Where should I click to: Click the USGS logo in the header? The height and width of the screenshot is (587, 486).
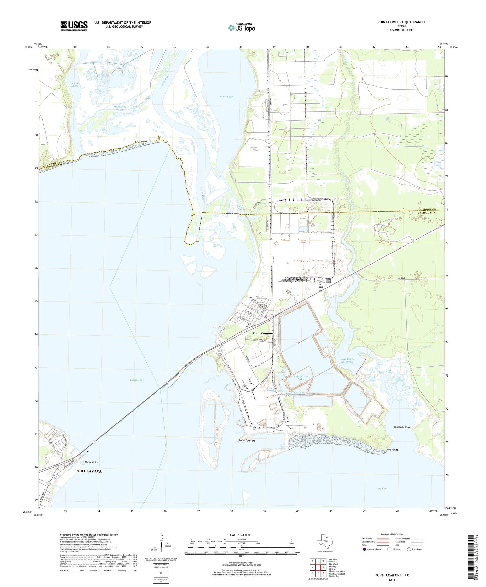pos(74,26)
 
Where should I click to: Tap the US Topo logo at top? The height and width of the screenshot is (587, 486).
pos(241,28)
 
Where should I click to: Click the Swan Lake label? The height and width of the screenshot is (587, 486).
pos(226,97)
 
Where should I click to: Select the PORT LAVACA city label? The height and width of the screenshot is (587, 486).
pos(88,471)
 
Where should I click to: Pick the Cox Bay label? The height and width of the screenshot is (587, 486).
pos(381,488)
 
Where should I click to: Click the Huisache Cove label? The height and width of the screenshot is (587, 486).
pos(402,427)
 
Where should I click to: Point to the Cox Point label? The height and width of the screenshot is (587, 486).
pos(392,450)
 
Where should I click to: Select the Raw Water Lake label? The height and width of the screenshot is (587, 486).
pos(301,378)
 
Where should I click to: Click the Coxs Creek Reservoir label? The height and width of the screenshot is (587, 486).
pos(347,361)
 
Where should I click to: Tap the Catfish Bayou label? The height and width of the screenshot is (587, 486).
pos(242,208)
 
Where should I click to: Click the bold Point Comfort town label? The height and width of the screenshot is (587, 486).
pos(263,333)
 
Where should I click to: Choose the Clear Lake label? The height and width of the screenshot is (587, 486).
pos(297,393)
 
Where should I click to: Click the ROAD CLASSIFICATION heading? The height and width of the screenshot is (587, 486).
pos(392,534)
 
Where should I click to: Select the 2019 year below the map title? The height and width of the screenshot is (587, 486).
pos(392,580)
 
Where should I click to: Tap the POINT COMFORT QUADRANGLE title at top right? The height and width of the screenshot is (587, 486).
pos(401,22)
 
